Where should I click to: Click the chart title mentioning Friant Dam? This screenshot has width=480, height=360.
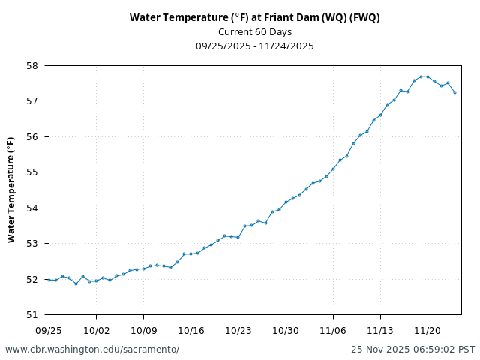(254, 17)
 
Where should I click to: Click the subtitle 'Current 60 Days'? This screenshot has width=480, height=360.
(254, 31)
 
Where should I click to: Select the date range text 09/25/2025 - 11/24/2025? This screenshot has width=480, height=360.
(254, 46)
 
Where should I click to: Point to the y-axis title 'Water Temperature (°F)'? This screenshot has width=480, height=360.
(11, 189)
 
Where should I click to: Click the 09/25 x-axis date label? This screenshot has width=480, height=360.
(49, 330)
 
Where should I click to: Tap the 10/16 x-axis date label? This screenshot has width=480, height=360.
(190, 330)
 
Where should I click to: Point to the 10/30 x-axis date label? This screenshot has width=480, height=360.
(286, 330)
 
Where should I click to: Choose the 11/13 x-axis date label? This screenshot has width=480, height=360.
(380, 330)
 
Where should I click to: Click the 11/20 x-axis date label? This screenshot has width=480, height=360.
(427, 330)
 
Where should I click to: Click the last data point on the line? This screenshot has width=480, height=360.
(454, 92)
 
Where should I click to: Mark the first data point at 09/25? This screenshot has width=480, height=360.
(49, 280)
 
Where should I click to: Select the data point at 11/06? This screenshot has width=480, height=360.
(333, 169)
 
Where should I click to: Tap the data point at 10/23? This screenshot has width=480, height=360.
(238, 237)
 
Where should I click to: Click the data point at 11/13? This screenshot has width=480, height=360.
(380, 115)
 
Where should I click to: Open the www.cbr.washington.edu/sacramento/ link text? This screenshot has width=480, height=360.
(92, 349)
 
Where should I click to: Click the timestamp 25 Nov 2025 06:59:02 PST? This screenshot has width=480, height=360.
(412, 349)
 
